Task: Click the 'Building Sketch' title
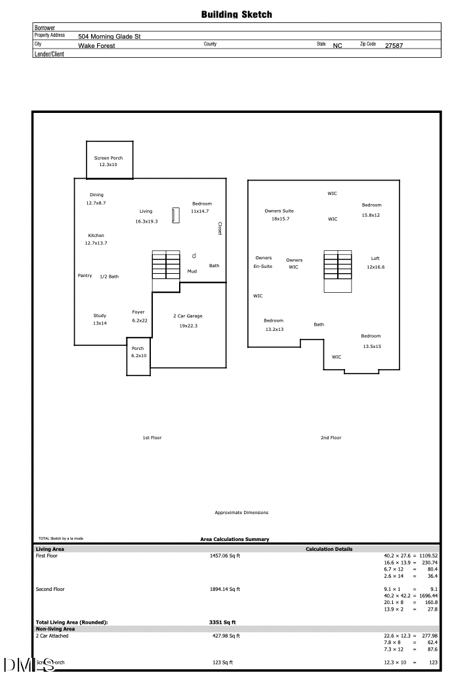(236, 14)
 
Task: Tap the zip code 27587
(394, 46)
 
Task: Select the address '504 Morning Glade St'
(110, 36)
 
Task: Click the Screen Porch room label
(108, 158)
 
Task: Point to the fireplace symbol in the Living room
(176, 215)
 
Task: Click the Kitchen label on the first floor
(96, 235)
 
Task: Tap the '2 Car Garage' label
(188, 316)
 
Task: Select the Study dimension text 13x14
(100, 323)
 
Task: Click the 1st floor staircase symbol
(166, 265)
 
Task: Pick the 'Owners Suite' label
(279, 211)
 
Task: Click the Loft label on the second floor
(375, 258)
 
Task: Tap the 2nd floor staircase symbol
(337, 271)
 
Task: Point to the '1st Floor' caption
(152, 438)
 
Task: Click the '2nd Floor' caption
(331, 438)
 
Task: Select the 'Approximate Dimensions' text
(241, 513)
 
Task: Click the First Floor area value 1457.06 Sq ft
(225, 555)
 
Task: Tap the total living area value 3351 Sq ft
(222, 622)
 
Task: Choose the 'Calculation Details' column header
(329, 549)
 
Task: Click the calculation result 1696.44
(428, 596)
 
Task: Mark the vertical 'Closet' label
(220, 228)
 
